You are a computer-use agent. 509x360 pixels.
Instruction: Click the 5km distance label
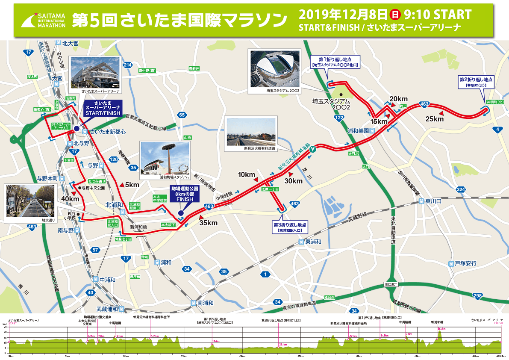(132, 185)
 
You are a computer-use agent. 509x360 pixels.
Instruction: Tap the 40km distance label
(70, 199)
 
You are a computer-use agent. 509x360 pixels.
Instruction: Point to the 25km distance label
(435, 119)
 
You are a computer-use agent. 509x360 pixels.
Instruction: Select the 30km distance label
(293, 181)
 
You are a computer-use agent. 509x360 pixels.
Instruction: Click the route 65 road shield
(182, 115)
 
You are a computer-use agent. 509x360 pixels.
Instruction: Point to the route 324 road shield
(460, 189)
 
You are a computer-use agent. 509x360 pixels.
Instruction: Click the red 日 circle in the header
(395, 15)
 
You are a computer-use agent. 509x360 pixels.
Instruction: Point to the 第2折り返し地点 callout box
(476, 82)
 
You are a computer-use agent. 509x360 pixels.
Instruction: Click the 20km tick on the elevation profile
(242, 355)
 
